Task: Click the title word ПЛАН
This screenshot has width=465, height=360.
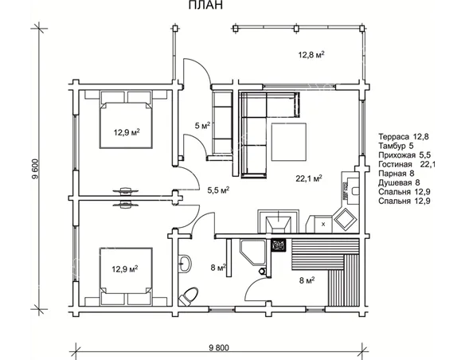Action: click(x=205, y=5)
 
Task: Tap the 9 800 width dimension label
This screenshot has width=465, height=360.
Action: click(x=219, y=347)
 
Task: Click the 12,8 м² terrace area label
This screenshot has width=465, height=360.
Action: click(x=311, y=55)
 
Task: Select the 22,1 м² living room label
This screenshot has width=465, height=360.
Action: click(x=309, y=178)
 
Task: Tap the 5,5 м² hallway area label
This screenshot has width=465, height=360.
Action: click(x=218, y=190)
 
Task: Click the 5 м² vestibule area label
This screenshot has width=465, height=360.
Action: click(x=202, y=125)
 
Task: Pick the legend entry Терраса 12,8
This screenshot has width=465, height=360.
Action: click(x=404, y=137)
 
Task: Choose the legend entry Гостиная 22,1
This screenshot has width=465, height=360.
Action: click(x=407, y=164)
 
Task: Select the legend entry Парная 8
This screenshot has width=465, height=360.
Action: click(x=397, y=174)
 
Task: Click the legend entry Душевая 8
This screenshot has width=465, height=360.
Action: click(x=399, y=182)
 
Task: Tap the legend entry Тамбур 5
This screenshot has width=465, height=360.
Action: click(x=396, y=146)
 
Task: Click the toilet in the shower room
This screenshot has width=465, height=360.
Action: click(x=189, y=296)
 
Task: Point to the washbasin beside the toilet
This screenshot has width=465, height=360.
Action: click(x=185, y=263)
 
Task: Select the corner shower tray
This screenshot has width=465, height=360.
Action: click(x=252, y=252)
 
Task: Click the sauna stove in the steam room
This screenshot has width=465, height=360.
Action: click(x=279, y=245)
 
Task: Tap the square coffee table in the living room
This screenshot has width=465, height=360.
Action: click(x=289, y=142)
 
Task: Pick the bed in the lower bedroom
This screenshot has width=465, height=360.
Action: click(x=126, y=271)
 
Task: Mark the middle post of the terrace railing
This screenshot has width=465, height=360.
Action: click(x=296, y=29)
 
